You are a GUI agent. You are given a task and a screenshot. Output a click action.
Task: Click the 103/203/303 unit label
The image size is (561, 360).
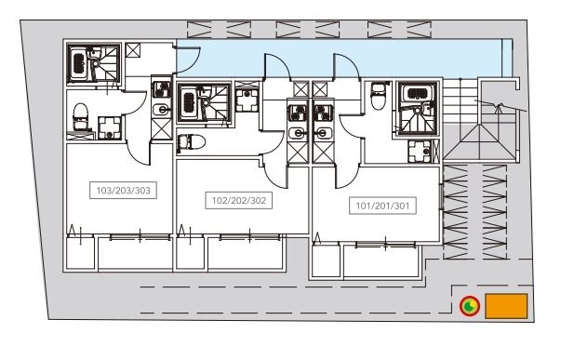click(123, 190)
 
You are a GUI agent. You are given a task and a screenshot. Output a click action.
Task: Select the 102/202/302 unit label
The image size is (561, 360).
click(239, 200)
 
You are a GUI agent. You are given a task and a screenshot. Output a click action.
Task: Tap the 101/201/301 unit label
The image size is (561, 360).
click(382, 206)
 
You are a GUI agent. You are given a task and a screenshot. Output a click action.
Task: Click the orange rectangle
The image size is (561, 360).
click(506, 306)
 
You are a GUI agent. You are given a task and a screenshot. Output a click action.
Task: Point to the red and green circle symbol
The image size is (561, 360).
click(470, 306)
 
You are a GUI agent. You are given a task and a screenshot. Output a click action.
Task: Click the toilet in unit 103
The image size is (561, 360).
click(80, 116)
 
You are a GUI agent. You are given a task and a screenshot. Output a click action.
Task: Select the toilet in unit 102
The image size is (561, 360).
click(191, 142)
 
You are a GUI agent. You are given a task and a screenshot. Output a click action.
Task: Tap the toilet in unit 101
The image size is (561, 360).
click(378, 96)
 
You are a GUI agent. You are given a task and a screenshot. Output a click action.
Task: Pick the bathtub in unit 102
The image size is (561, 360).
click(189, 103)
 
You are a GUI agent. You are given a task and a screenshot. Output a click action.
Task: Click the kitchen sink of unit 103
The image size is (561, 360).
click(161, 110)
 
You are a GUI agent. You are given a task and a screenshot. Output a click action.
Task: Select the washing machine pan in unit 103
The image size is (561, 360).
click(110, 127)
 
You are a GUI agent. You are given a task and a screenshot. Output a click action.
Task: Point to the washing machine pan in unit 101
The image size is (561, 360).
click(420, 152)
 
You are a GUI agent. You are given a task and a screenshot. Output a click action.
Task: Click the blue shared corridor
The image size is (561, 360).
click(343, 58)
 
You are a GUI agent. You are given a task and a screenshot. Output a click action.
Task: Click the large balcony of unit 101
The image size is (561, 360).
click(381, 260)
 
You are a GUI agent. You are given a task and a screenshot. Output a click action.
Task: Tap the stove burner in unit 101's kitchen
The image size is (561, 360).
click(324, 113)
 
